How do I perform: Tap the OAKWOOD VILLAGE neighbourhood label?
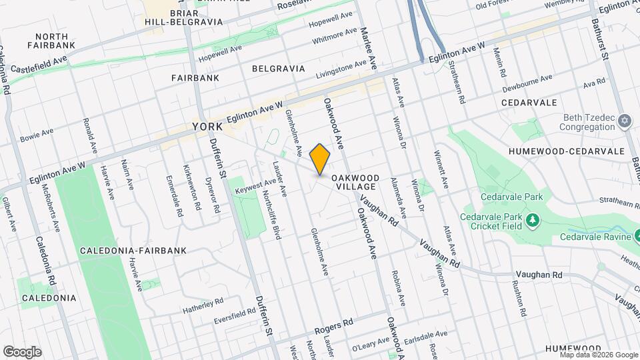pos(356,182)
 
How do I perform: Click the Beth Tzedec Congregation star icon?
pos(625,121)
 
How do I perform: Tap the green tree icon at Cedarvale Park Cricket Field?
pos(532,220)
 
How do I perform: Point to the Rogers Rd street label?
pos(334,327)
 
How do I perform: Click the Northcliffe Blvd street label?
pos(271,213)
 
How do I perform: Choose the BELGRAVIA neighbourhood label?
pos(278,69)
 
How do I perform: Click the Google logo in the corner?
pos(22,351)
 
